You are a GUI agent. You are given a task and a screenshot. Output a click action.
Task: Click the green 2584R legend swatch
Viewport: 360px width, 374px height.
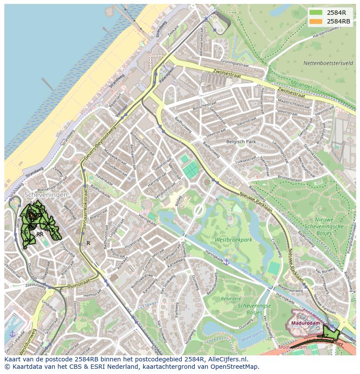(x=316, y=13)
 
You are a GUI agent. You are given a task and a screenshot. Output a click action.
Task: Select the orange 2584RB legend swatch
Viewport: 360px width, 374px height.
(x=316, y=21)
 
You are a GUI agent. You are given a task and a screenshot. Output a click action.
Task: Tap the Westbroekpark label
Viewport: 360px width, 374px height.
(x=233, y=239)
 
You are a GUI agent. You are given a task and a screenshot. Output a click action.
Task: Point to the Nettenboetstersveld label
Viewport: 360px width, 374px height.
(x=328, y=63)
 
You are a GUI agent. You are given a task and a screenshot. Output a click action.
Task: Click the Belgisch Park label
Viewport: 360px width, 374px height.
(x=241, y=142)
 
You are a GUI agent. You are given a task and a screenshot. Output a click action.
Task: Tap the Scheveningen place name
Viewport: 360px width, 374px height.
(x=46, y=195)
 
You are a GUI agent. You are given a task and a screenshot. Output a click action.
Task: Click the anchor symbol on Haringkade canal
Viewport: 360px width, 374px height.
(x=226, y=262)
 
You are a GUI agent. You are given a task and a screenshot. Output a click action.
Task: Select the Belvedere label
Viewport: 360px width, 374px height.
(x=231, y=299)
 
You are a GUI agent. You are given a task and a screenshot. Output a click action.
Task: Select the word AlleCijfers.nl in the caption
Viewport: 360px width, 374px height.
(x=228, y=359)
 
